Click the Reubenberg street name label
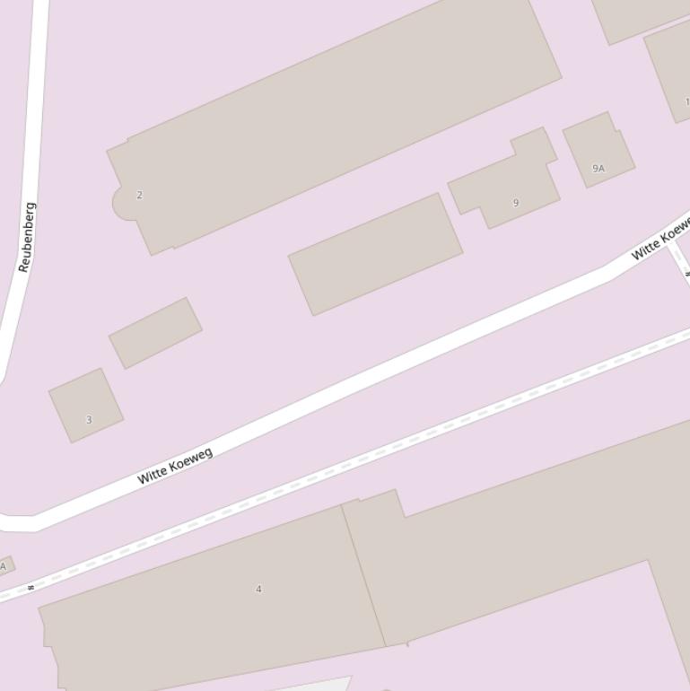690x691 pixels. click(x=27, y=237)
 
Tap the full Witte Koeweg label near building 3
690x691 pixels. click(x=175, y=466)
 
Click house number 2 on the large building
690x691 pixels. click(x=139, y=195)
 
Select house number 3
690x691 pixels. click(x=89, y=419)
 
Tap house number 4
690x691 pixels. click(x=258, y=589)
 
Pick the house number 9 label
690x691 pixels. click(x=515, y=203)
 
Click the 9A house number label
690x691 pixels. click(x=598, y=168)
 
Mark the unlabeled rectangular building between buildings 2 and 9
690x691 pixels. click(x=375, y=254)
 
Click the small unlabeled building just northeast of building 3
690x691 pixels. click(x=155, y=333)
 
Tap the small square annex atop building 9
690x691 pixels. click(x=534, y=144)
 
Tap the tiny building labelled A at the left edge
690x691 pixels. click(x=5, y=566)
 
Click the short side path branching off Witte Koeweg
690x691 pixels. click(x=678, y=260)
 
